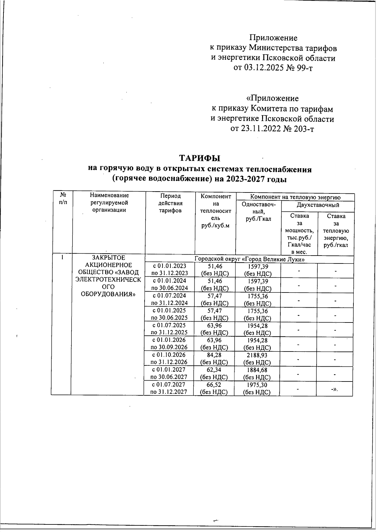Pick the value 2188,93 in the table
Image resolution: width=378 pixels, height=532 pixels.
tap(257, 355)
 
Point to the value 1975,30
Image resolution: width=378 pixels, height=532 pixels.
tap(257, 385)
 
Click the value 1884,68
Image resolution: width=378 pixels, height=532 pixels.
tap(257, 370)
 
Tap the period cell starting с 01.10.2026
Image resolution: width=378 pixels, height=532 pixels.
tap(169, 358)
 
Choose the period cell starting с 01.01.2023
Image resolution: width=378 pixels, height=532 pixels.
tap(169, 270)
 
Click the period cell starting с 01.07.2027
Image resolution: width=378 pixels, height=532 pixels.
tap(169, 388)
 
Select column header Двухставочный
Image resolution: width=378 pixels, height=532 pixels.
tap(318, 205)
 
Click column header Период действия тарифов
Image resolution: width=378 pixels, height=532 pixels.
tap(170, 203)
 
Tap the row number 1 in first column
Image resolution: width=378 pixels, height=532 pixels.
tap(63, 257)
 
